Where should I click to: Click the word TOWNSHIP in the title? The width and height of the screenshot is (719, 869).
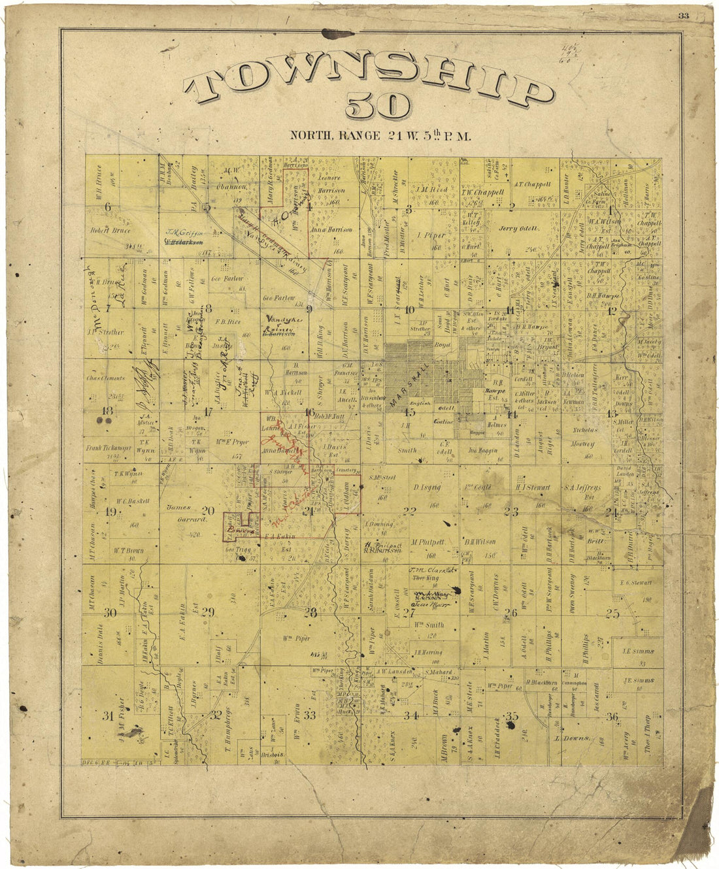368,86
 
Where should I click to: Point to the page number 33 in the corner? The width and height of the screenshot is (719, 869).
684,16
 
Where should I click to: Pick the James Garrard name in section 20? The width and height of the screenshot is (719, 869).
178,514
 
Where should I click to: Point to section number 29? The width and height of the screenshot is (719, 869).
208,612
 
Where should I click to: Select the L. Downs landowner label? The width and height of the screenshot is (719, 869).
573,739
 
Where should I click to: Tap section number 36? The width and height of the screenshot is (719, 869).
612,717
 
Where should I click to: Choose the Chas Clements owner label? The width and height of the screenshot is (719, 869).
105,378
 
